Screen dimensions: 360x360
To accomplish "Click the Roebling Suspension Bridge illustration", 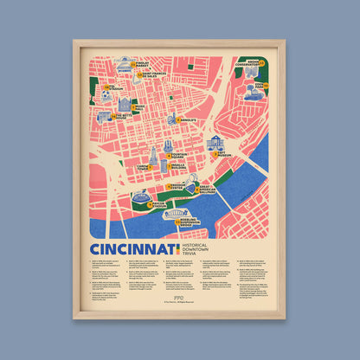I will (178, 215).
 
